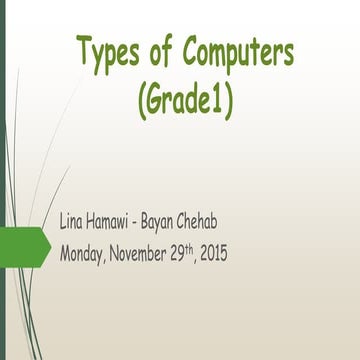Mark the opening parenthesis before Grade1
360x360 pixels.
[x=136, y=98]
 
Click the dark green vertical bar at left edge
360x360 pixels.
[x=3, y=180]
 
